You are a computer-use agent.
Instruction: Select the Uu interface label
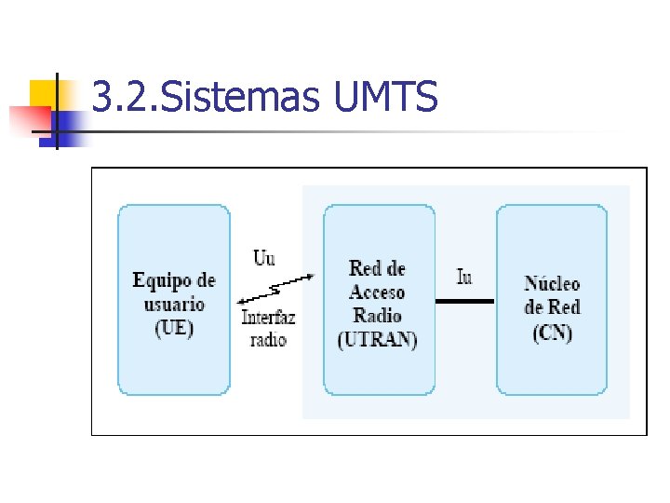coord(264,257)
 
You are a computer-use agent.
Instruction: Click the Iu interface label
coord(464,277)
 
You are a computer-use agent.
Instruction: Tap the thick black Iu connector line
coord(465,301)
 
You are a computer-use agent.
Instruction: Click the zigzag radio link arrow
coord(275,288)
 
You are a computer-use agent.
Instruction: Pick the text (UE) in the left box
coord(174,328)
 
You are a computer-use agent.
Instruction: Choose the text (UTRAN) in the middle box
coord(378,339)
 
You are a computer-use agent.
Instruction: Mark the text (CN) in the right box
coord(552,332)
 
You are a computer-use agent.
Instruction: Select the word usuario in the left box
coord(174,304)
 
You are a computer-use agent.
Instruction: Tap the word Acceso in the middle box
coord(378,292)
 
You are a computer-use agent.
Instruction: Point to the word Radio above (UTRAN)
coord(378,315)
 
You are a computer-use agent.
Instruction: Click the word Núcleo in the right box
coord(552,284)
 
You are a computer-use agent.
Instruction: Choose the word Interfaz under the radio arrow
coord(269,318)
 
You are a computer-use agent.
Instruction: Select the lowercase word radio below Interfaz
coord(269,338)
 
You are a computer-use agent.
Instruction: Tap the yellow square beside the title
coord(43,93)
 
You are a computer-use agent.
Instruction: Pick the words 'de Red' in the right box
coord(552,307)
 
